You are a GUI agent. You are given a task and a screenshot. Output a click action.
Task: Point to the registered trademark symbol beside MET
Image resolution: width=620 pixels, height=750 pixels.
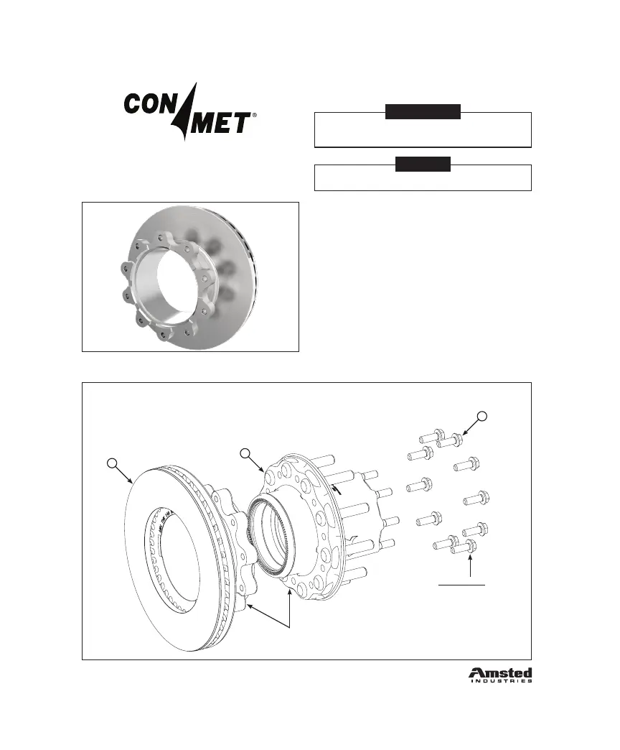256,115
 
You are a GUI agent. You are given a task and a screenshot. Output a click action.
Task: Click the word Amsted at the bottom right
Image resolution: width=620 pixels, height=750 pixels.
500,673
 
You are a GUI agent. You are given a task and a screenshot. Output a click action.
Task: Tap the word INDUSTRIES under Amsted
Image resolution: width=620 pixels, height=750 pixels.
500,682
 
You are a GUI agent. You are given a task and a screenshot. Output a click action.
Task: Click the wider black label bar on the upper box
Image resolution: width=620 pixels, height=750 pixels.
423,112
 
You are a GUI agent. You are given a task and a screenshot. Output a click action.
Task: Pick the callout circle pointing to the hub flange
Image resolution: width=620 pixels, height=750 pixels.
245,453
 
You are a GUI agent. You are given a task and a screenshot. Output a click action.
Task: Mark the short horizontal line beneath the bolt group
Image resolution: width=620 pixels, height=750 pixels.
463,585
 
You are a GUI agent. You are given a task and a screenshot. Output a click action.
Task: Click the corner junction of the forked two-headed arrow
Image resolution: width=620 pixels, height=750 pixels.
288,627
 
